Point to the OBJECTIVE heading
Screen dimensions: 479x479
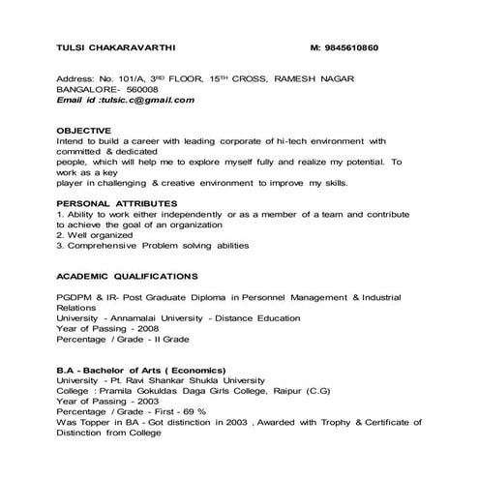(84, 129)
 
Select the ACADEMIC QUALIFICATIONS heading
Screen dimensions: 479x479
(127, 275)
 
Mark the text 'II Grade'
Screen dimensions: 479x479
(171, 339)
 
